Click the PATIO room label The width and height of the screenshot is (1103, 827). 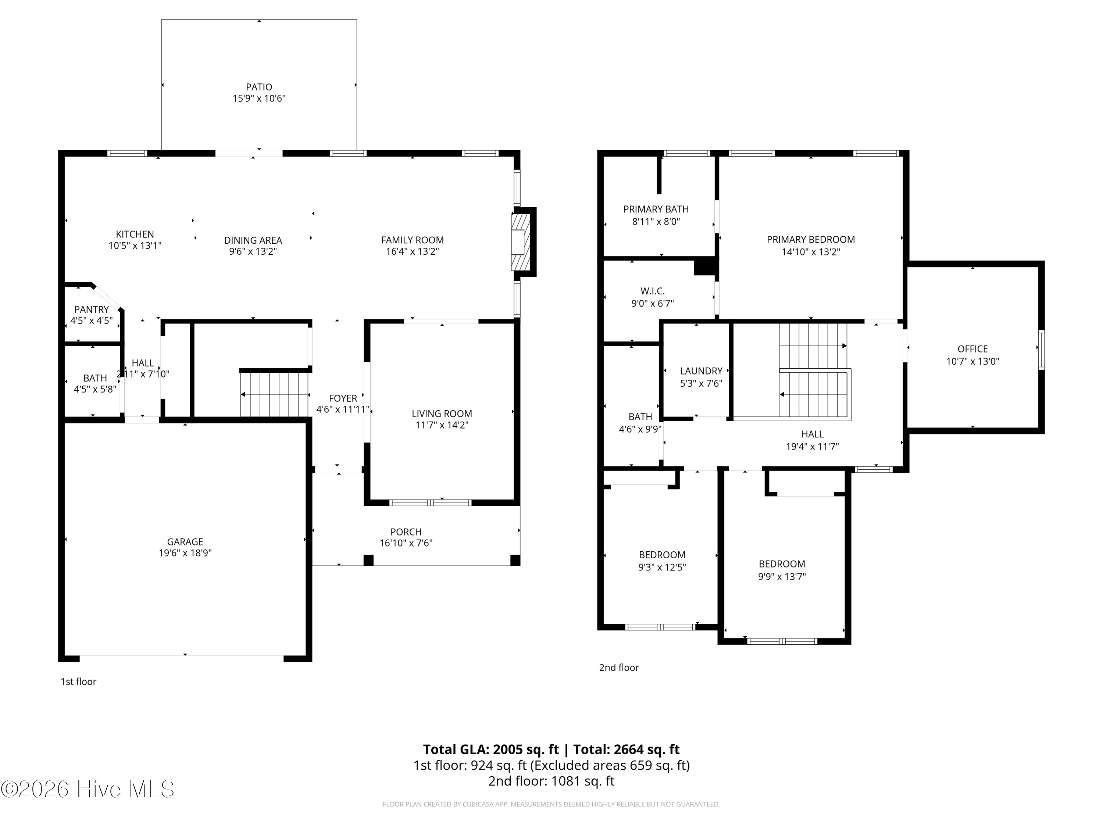tap(259, 87)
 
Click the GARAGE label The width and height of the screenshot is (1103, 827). tap(185, 542)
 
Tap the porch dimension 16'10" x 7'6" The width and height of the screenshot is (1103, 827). tap(406, 543)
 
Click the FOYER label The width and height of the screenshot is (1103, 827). tap(343, 398)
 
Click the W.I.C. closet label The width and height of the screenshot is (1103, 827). tap(652, 291)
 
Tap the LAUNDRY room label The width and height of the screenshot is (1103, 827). tap(701, 371)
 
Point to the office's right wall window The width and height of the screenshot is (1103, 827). tap(1041, 350)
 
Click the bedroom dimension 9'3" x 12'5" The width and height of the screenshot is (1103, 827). tap(662, 567)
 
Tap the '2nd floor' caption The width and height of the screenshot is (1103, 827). tap(618, 668)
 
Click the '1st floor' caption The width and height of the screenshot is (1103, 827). tap(78, 682)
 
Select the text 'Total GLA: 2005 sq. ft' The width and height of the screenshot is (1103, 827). tap(491, 750)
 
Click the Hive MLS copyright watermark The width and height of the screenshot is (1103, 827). tap(88, 790)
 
